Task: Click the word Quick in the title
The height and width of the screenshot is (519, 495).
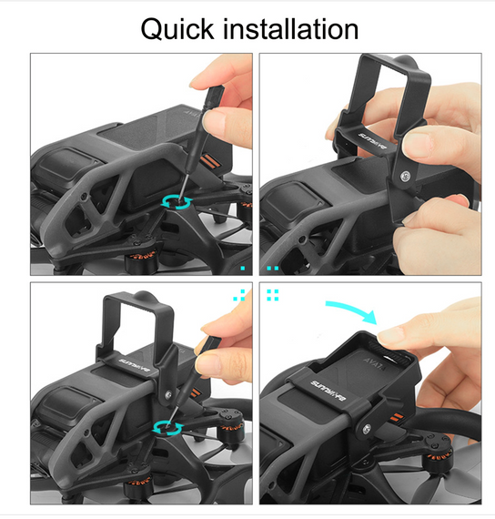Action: point(177,30)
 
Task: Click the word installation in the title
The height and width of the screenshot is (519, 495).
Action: point(291,29)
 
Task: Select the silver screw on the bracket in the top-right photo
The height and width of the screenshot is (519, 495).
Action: point(405,177)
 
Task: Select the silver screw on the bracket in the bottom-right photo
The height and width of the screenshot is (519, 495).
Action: point(366,430)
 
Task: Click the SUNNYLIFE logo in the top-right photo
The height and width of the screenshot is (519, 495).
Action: point(372,139)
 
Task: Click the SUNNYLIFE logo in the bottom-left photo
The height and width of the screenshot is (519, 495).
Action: point(134,366)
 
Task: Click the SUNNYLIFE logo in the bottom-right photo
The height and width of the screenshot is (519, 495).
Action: point(328,392)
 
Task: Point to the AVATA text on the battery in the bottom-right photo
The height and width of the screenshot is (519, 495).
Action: point(375,363)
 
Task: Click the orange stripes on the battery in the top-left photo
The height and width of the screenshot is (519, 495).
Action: point(209,160)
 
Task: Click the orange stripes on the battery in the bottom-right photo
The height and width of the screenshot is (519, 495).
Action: point(396,417)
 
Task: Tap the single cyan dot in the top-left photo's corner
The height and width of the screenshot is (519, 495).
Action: point(243,268)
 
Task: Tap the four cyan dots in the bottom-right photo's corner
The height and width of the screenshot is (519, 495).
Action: point(272,295)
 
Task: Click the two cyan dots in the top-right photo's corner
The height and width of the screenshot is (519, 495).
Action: point(273,268)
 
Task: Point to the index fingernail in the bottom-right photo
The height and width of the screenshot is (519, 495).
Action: point(388,335)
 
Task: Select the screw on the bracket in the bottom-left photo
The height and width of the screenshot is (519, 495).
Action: point(168,394)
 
